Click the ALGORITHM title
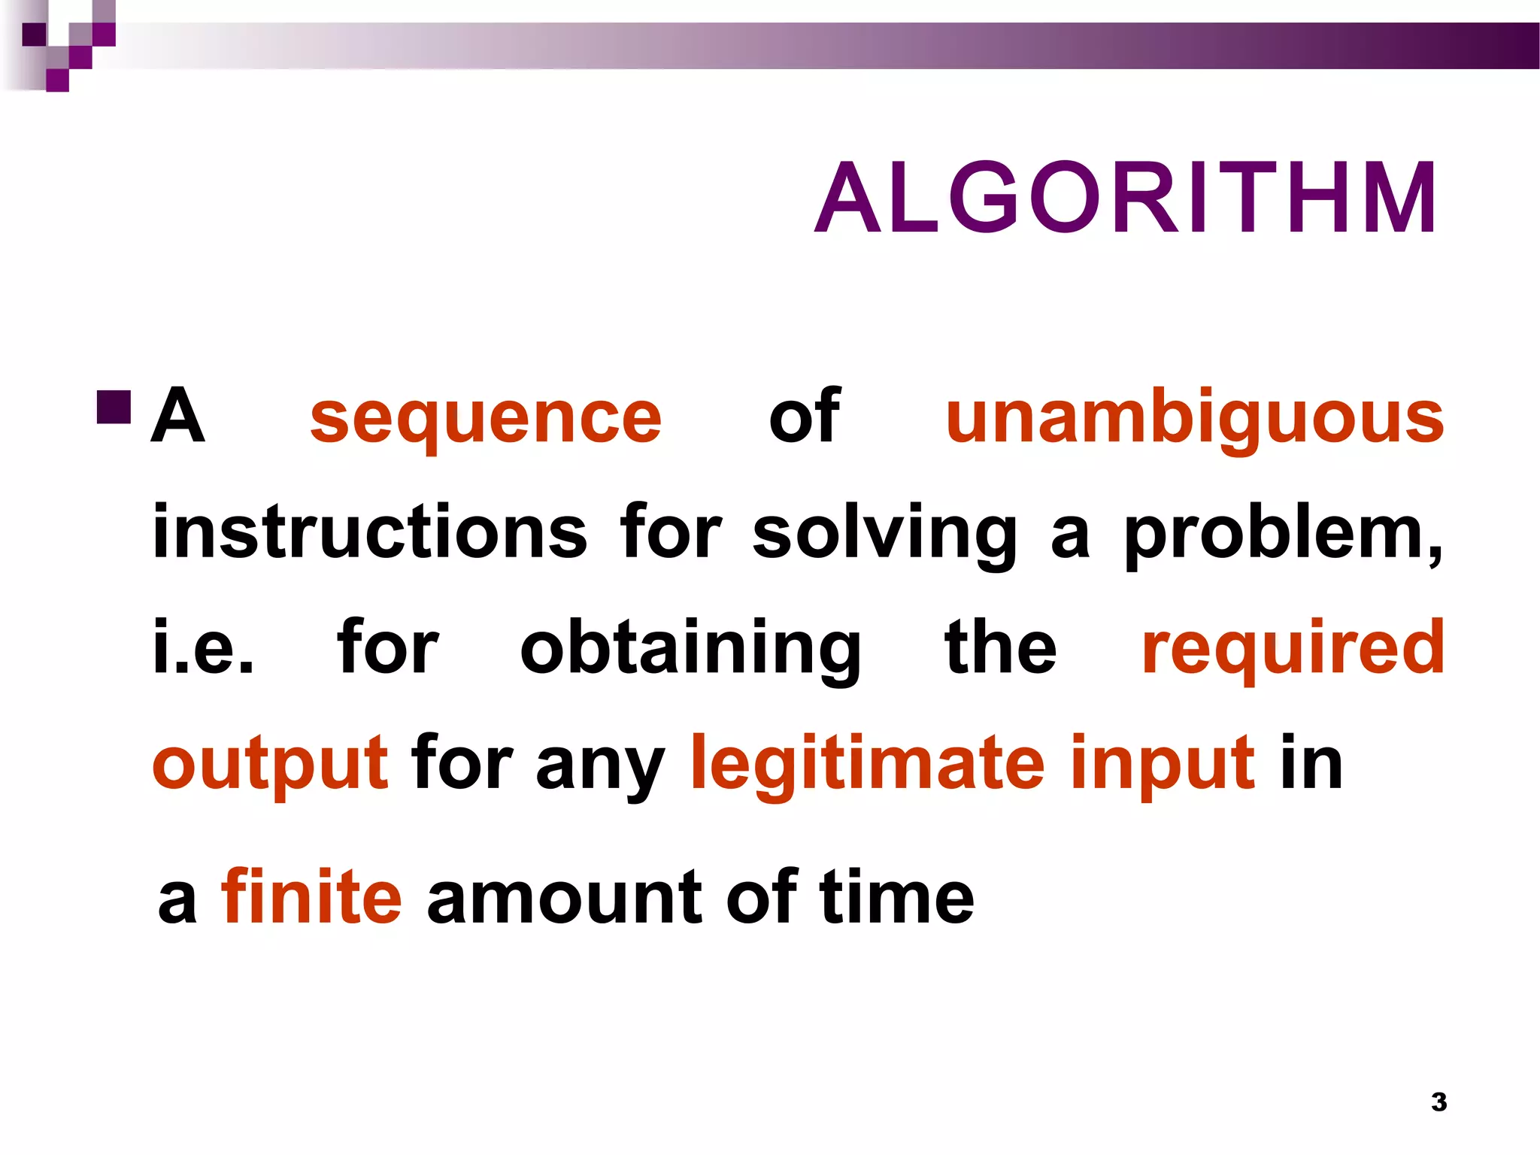(1126, 199)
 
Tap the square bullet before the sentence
(114, 407)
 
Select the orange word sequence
(486, 418)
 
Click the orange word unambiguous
(1195, 418)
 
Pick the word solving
(884, 534)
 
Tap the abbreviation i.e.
(203, 647)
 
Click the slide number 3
(1439, 1102)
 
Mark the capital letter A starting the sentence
(177, 415)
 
